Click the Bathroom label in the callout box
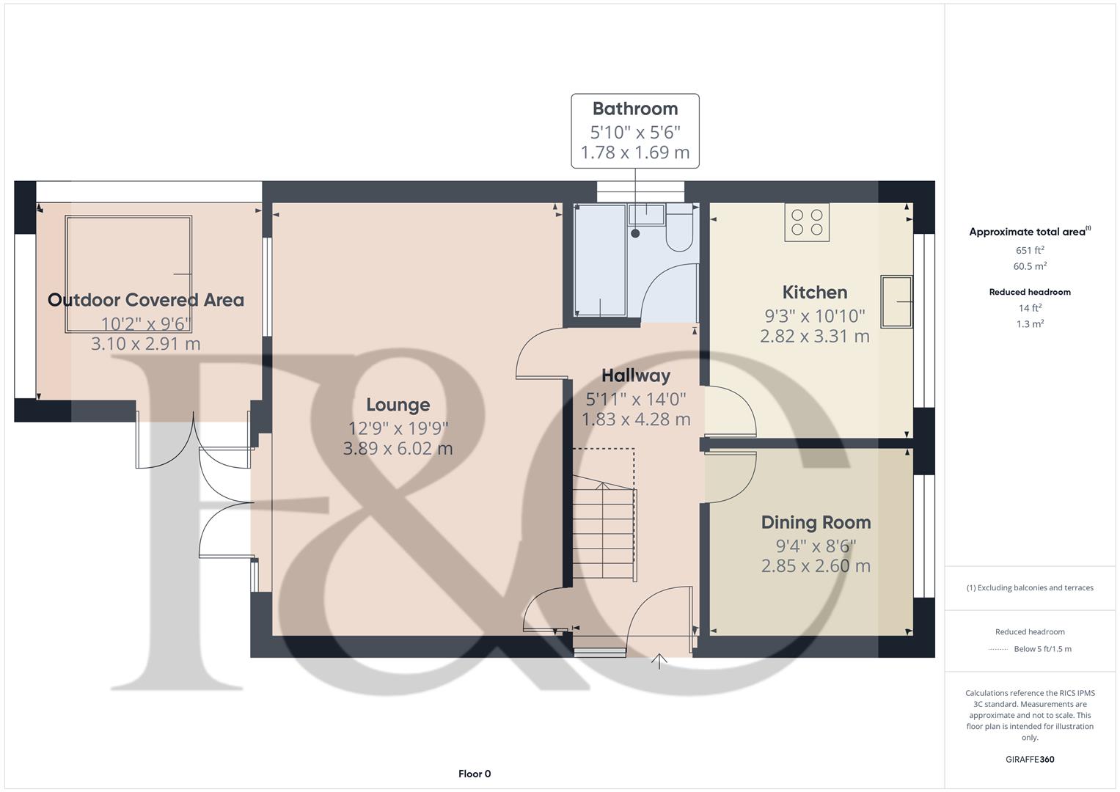635,109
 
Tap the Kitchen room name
814,292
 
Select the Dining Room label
816,522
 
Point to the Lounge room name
398,405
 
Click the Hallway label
635,375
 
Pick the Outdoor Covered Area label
145,300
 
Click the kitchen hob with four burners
807,222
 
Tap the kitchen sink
896,301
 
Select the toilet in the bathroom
679,227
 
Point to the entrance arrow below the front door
659,661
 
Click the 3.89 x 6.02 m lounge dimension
398,449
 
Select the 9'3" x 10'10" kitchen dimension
814,316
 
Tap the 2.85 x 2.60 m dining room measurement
816,566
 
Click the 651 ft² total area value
1030,250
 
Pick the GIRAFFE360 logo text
1030,760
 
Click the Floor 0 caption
475,774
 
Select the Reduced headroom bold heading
1030,292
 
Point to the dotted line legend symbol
998,650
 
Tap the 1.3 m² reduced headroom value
1030,324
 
